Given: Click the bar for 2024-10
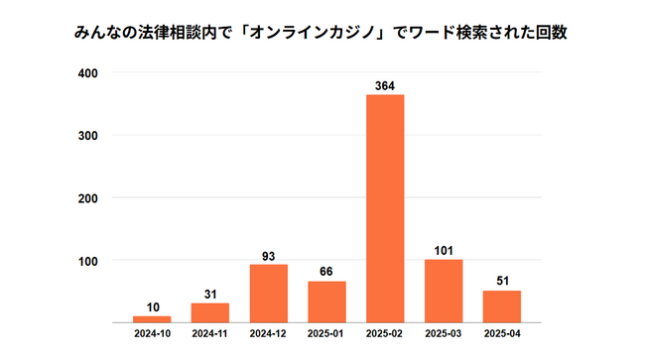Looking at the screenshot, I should tap(152, 318).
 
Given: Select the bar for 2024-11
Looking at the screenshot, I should tap(210, 312).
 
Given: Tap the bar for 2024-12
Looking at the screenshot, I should tap(269, 294).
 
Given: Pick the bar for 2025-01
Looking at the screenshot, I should tap(326, 301).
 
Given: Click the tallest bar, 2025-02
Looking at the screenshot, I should tap(385, 208).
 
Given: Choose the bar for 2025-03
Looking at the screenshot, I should tap(444, 291).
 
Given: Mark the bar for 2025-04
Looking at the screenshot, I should tap(502, 306).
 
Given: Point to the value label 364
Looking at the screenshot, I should tap(385, 85).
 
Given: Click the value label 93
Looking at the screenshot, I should tap(269, 255).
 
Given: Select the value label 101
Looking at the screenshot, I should tap(444, 250).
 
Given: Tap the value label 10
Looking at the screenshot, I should tap(152, 306).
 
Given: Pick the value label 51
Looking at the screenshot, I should tap(502, 282).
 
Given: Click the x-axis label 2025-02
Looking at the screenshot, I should tap(385, 334).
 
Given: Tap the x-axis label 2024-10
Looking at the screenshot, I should tap(152, 334).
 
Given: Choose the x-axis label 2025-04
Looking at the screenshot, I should tap(502, 334).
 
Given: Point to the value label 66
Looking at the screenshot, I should tap(326, 272).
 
